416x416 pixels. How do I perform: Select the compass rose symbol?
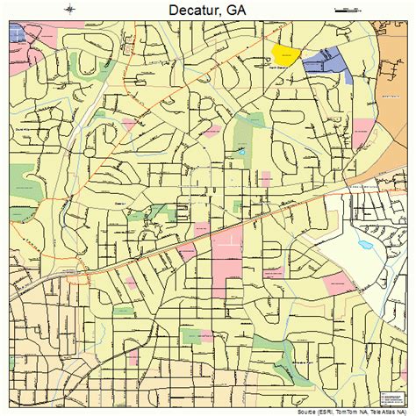coord(68,10)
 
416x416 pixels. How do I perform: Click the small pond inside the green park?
coord(243,151)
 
